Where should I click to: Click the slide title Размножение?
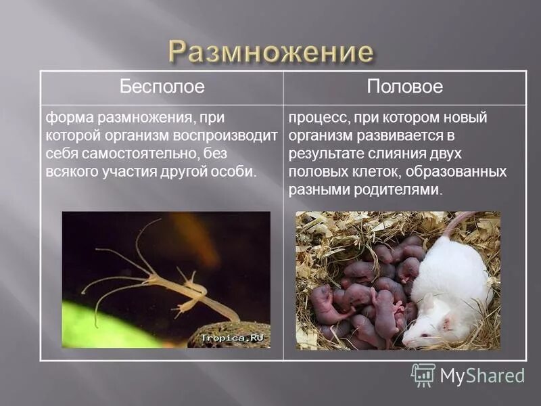pyautogui.click(x=270, y=52)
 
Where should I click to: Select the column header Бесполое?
pyautogui.click(x=162, y=87)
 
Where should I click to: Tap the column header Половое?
pyautogui.click(x=404, y=87)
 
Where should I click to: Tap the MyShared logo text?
pyautogui.click(x=481, y=376)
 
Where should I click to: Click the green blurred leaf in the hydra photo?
pyautogui.click(x=101, y=325)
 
